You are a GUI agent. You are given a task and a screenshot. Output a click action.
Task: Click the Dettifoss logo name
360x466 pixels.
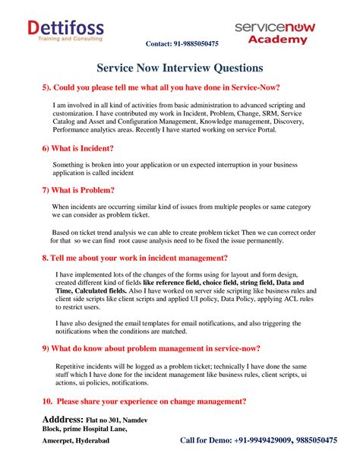65,27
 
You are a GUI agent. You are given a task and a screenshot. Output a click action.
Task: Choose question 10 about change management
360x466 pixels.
144,401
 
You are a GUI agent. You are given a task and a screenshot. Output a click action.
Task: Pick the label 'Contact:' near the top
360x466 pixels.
159,44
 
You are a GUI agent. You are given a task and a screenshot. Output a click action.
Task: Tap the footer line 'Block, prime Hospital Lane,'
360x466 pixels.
84,430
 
